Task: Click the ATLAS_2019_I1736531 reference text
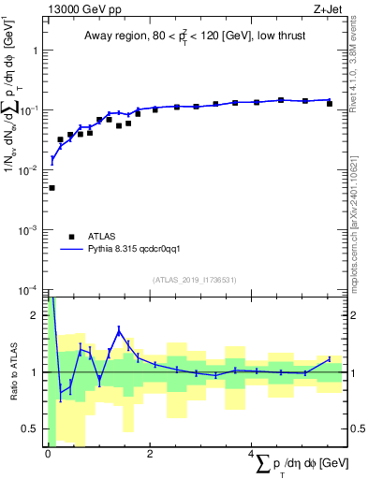195,280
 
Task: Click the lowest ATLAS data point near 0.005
52,188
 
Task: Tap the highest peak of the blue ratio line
119,328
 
